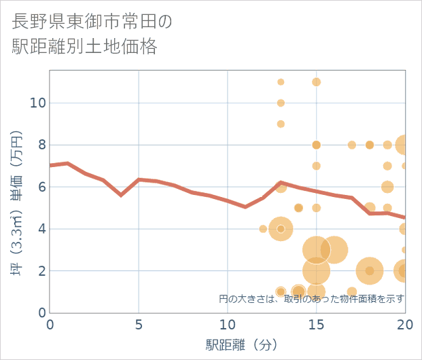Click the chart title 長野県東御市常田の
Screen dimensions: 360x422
[92, 21]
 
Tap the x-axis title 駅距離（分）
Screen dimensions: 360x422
[242, 344]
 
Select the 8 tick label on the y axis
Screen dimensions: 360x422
[40, 145]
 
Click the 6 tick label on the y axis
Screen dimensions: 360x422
[40, 187]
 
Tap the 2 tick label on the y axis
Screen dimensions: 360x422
[40, 271]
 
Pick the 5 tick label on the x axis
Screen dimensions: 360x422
[139, 325]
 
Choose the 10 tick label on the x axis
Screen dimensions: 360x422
[227, 325]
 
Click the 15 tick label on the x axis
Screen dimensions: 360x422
[316, 325]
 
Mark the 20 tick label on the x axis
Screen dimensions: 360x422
[404, 325]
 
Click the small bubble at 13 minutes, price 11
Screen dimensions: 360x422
[281, 82]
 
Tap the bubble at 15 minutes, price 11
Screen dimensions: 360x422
[316, 82]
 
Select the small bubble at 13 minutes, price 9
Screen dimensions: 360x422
[281, 124]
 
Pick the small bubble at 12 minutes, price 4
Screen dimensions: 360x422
[263, 229]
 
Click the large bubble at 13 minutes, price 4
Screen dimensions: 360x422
[281, 229]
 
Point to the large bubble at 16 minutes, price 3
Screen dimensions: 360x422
[334, 250]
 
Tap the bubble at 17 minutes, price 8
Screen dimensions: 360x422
[352, 145]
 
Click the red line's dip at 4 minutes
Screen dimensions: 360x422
[121, 195]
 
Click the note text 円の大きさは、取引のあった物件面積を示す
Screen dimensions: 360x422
[311, 298]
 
